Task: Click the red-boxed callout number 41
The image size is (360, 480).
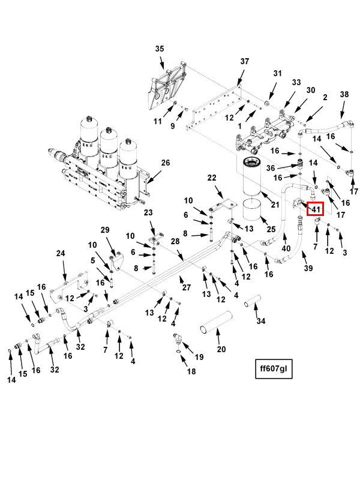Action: tap(316, 209)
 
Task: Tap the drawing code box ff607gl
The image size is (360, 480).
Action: tap(274, 368)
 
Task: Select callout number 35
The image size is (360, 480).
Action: tap(160, 49)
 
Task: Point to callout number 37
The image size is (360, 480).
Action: tap(245, 62)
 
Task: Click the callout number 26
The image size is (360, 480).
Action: tap(166, 163)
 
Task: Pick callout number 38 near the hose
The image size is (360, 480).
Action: tap(344, 94)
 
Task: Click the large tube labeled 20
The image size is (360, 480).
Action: tap(215, 323)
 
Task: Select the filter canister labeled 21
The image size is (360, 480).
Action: tap(252, 176)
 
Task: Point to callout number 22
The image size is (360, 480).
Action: tap(212, 178)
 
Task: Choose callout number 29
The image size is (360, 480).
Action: tap(105, 230)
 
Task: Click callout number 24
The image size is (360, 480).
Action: tap(61, 253)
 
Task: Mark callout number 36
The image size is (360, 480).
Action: tap(271, 168)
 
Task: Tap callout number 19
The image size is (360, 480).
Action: tap(199, 357)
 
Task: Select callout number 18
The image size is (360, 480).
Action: tap(191, 371)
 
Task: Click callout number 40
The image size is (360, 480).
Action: tap(286, 248)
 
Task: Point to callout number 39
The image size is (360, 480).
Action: tap(308, 268)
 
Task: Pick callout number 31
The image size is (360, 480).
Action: tap(277, 73)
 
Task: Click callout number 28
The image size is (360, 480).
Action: tap(175, 242)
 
